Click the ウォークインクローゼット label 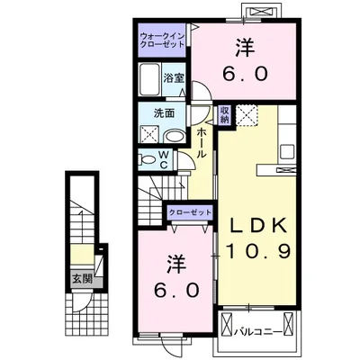(162, 40)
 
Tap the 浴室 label (174, 78)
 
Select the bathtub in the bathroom (150, 79)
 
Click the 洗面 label (164, 113)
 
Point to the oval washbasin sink (174, 137)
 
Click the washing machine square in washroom (149, 134)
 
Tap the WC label (164, 159)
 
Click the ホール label (202, 142)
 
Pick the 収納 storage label (224, 115)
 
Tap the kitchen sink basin (287, 151)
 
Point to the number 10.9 (258, 251)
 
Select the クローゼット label (190, 212)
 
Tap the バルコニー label (258, 332)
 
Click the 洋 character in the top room (246, 48)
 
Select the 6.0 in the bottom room (176, 290)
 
